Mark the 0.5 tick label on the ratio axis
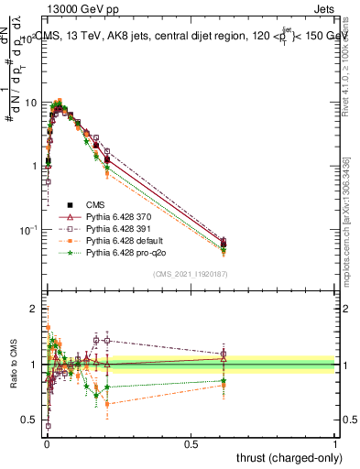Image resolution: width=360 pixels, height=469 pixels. click(33, 420)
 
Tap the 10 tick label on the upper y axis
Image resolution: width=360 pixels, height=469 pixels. click(30, 102)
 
